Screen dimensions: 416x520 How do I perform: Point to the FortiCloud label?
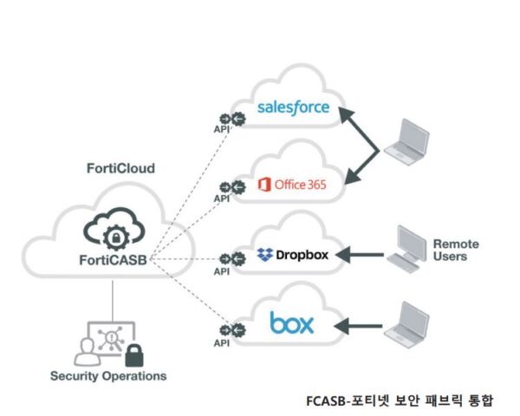point(121,167)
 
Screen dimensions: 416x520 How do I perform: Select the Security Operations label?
point(107,376)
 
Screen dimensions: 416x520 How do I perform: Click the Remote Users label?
point(456,250)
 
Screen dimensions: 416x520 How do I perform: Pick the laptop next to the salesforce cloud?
point(406,140)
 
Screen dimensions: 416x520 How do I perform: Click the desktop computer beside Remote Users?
point(406,246)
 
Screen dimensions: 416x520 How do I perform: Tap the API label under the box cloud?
point(221,342)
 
